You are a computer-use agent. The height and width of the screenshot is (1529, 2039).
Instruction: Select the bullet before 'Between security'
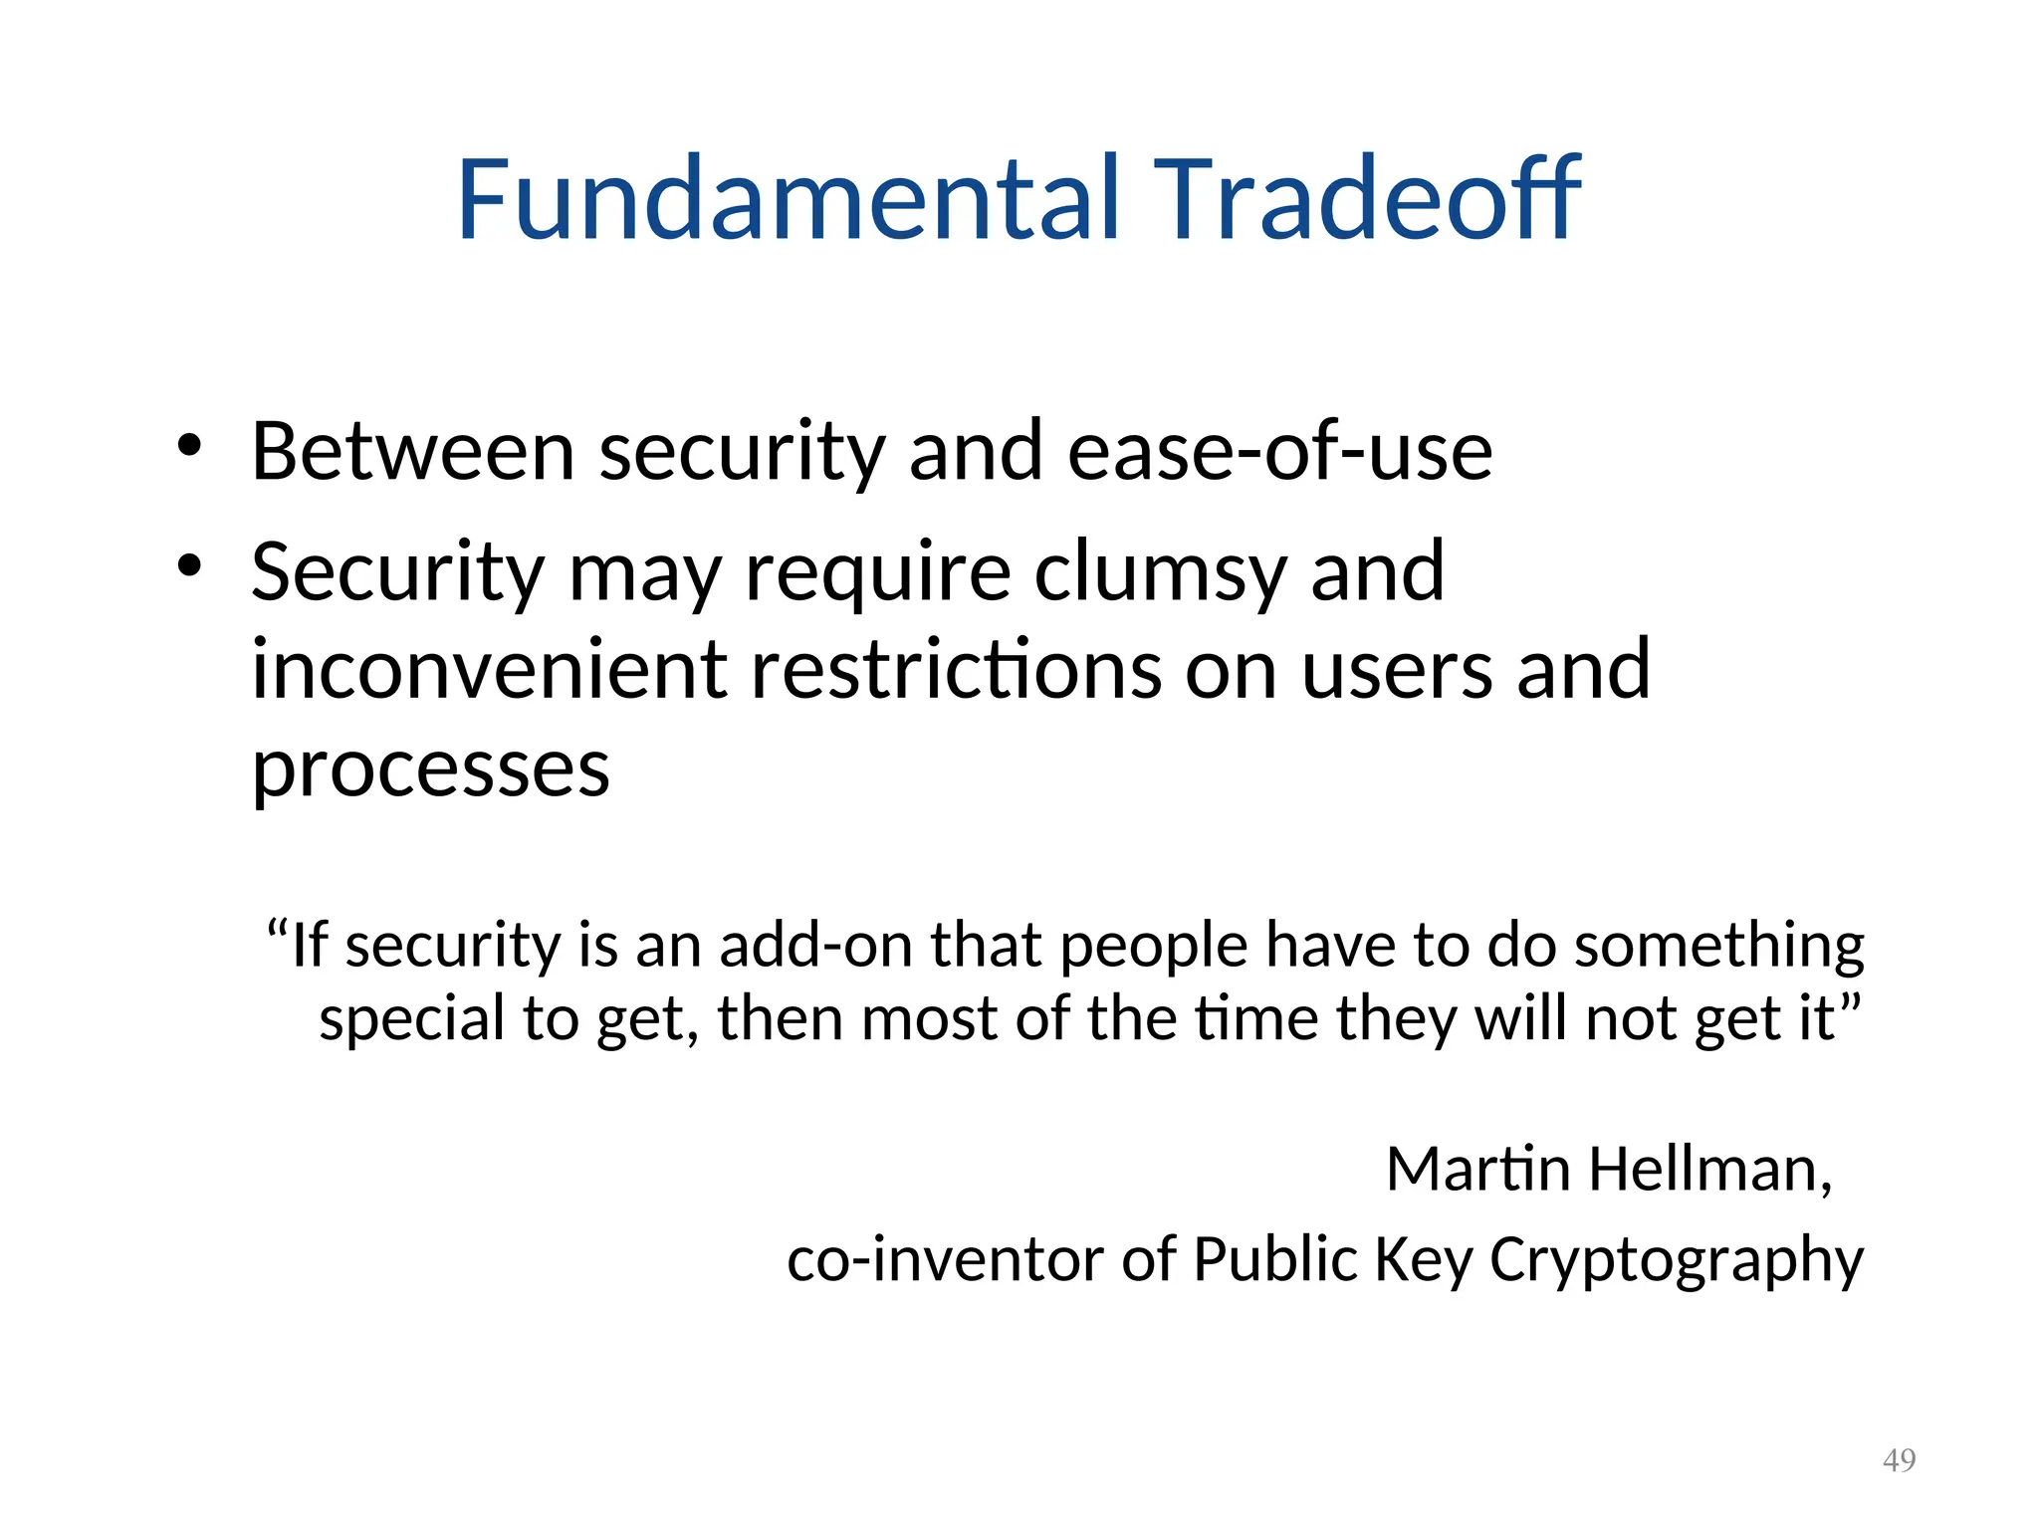(189, 445)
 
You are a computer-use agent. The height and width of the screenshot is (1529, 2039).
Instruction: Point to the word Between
(412, 453)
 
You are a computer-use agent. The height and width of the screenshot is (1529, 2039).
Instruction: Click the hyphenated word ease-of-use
(1279, 453)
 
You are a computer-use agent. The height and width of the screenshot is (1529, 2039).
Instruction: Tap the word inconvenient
(488, 670)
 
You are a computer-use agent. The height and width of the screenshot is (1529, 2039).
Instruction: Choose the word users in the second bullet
(1397, 670)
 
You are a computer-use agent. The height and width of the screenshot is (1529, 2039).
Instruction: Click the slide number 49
(1899, 1460)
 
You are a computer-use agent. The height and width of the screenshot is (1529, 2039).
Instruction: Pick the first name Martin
(1478, 1169)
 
